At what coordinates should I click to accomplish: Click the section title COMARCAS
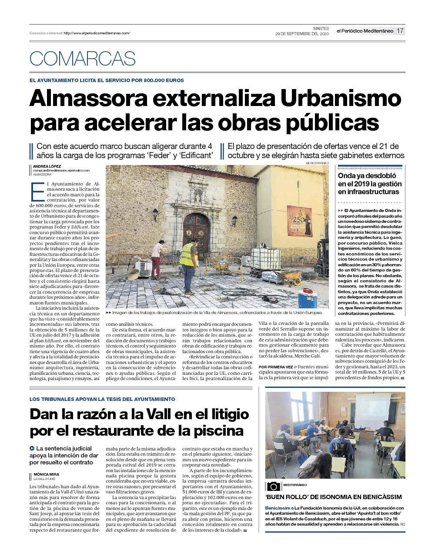(x=83, y=59)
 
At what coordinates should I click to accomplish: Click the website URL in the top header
(x=97, y=33)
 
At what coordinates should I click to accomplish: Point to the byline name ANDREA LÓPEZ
(x=47, y=166)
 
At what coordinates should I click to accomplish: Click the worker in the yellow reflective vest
(x=188, y=259)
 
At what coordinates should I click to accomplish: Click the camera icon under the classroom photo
(x=274, y=486)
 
